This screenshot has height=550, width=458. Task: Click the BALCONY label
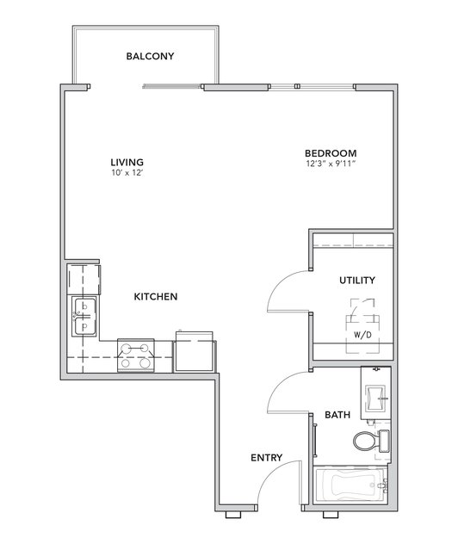click(x=150, y=56)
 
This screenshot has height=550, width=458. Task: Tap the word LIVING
click(x=127, y=163)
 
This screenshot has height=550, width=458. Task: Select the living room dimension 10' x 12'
click(x=127, y=173)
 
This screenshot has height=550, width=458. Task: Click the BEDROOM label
click(x=331, y=153)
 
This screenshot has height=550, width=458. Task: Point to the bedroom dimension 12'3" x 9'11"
click(x=331, y=164)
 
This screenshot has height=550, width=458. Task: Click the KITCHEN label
click(x=156, y=297)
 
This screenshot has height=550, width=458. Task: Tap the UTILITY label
click(x=357, y=281)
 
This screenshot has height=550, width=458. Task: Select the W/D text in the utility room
click(x=362, y=335)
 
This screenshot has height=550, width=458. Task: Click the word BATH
click(x=337, y=415)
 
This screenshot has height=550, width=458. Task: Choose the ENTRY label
click(x=267, y=458)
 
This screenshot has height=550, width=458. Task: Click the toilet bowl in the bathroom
click(x=366, y=442)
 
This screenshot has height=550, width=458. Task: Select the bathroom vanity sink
click(x=376, y=399)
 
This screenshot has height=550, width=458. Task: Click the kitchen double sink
click(x=84, y=317)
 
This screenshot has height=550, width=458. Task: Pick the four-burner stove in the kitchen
click(x=136, y=355)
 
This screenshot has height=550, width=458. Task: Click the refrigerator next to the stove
click(x=195, y=351)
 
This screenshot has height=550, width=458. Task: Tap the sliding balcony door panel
click(x=172, y=86)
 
